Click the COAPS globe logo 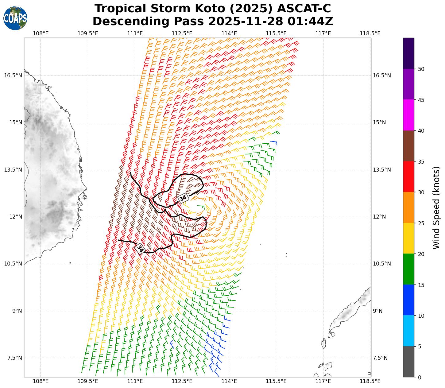pyautogui.click(x=15, y=18)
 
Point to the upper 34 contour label pyautogui.click(x=183, y=198)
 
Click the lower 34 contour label pyautogui.click(x=140, y=248)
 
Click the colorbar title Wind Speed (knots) pyautogui.click(x=436, y=208)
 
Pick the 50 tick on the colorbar pyautogui.click(x=421, y=69)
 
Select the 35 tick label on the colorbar pyautogui.click(x=421, y=161)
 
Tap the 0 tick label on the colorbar pyautogui.click(x=420, y=377)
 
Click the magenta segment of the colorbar pyautogui.click(x=408, y=115)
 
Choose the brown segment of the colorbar pyautogui.click(x=408, y=146)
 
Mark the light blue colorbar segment pyautogui.click(x=408, y=331)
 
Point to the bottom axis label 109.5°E pyautogui.click(x=88, y=381)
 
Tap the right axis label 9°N pyautogui.click(x=377, y=311)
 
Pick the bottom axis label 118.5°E pyautogui.click(x=370, y=381)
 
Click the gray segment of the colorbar pyautogui.click(x=408, y=362)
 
